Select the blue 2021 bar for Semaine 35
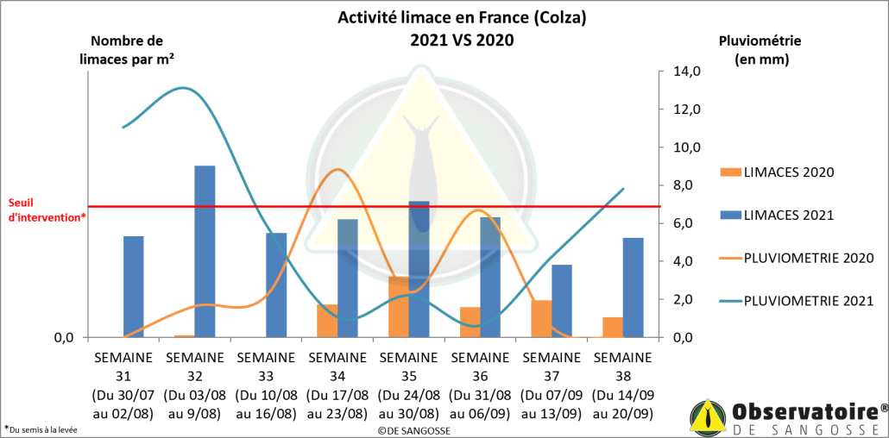(419, 268)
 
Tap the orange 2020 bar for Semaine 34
(326, 320)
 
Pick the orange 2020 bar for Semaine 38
(612, 327)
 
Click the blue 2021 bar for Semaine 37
(561, 300)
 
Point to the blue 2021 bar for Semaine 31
(133, 285)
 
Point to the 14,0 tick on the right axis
(679, 72)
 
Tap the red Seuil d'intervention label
(45, 210)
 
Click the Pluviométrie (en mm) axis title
(760, 50)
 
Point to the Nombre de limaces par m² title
(127, 50)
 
